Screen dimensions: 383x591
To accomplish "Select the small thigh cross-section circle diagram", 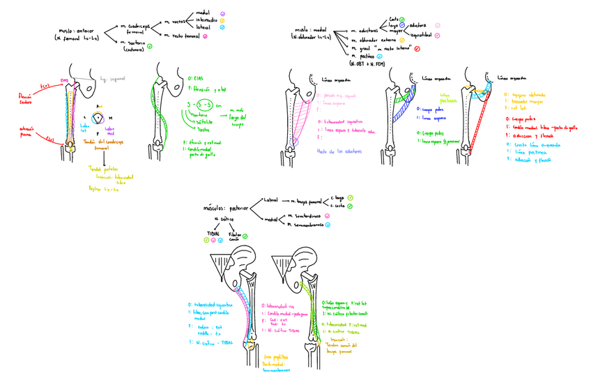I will click(99, 119).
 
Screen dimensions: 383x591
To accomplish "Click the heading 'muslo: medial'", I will click(310, 30).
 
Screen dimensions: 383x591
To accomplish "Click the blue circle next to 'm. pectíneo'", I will click(380, 56).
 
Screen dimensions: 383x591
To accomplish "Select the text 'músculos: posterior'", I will click(225, 206).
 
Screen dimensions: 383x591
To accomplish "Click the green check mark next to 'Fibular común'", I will click(237, 241).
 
